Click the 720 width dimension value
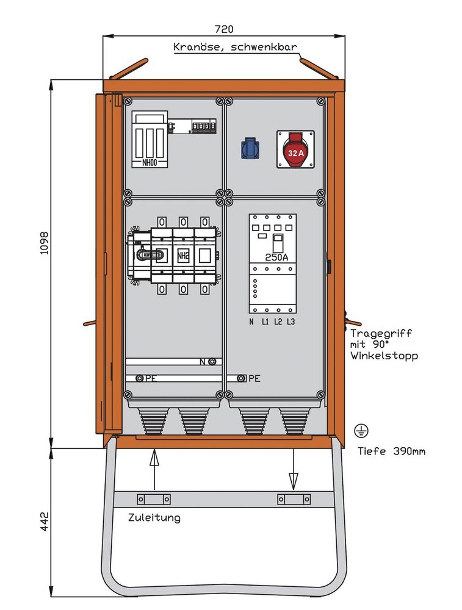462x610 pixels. pyautogui.click(x=224, y=29)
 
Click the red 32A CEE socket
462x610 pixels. pyautogui.click(x=295, y=149)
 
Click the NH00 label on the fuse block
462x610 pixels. pyautogui.click(x=148, y=162)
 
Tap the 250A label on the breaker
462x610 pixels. pyautogui.click(x=276, y=257)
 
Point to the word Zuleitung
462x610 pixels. pyautogui.click(x=154, y=518)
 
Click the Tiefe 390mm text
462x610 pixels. pyautogui.click(x=391, y=451)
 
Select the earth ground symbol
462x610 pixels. pyautogui.click(x=361, y=431)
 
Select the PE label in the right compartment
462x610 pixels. pyautogui.click(x=254, y=378)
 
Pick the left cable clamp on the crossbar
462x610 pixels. pyautogui.click(x=153, y=499)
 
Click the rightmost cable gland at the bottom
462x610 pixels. pyautogui.click(x=295, y=420)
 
